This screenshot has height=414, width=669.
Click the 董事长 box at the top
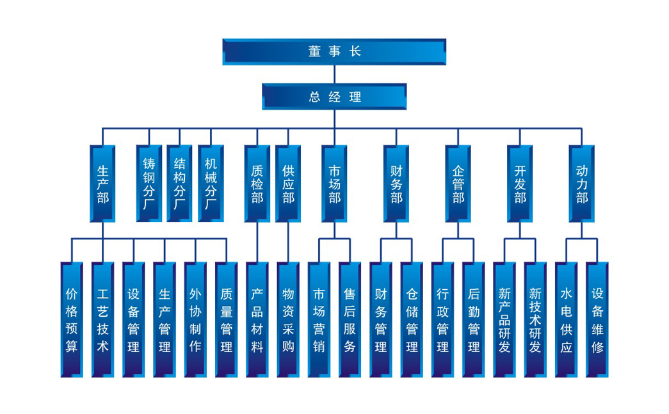[x=334, y=52]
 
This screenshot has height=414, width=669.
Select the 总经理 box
[x=334, y=97]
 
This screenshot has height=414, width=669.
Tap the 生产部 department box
[x=102, y=184]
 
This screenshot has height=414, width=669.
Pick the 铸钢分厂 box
[x=149, y=184]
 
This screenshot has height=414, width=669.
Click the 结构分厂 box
[x=180, y=184]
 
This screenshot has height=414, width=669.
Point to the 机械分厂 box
[x=211, y=184]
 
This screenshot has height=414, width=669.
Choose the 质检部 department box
[x=257, y=184]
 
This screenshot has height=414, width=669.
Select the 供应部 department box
[x=288, y=184]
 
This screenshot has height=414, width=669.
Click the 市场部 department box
[x=334, y=184]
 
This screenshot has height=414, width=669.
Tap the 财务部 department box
[x=396, y=184]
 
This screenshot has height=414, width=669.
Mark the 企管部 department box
[x=458, y=184]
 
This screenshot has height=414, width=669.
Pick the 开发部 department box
[x=520, y=184]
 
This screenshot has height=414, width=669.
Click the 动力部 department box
[x=581, y=184]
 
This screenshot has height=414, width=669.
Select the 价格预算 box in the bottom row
[x=72, y=319]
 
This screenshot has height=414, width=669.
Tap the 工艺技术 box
[x=102, y=319]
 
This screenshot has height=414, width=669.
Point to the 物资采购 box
[x=288, y=319]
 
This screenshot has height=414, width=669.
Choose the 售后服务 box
[x=350, y=319]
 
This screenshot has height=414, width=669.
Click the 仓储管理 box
[x=412, y=319]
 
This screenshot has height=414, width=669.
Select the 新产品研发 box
[x=504, y=319]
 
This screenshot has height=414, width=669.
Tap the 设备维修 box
[x=597, y=319]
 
